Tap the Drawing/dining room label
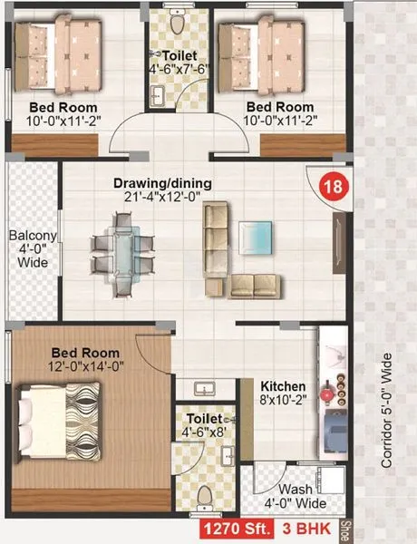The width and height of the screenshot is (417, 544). click(x=162, y=183)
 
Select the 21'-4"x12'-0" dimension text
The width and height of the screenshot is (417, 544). click(x=162, y=199)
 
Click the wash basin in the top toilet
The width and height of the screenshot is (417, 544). click(x=157, y=93)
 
